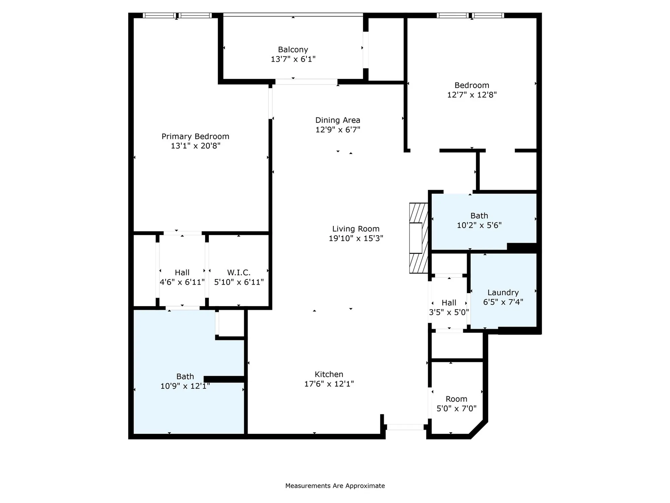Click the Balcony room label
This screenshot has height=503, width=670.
pos(293,50)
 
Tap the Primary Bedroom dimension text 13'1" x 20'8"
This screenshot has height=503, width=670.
pos(195,146)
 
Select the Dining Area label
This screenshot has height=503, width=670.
pos(338,120)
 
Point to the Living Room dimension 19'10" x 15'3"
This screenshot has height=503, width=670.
pos(356,238)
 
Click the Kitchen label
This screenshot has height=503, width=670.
pos(329,374)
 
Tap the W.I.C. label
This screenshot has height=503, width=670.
pos(239,272)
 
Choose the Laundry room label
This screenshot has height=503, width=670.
pos(503,292)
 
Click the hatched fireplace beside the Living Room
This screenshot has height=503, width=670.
pos(418,238)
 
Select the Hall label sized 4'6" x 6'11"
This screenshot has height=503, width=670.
pos(182,272)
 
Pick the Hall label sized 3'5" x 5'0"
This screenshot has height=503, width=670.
pos(449,303)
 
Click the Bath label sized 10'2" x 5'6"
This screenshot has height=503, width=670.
pos(479,216)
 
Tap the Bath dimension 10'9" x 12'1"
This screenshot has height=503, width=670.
pos(185,386)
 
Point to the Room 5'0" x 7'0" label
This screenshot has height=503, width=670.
pos(456,399)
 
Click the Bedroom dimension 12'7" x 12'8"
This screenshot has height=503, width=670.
pos(472,95)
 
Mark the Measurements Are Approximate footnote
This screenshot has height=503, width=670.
pos(335,486)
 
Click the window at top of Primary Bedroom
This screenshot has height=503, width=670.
pos(177,15)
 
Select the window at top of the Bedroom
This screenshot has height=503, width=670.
pos(470,15)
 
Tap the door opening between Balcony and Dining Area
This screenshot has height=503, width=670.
pos(306,81)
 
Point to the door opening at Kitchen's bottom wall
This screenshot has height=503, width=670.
pos(405,427)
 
